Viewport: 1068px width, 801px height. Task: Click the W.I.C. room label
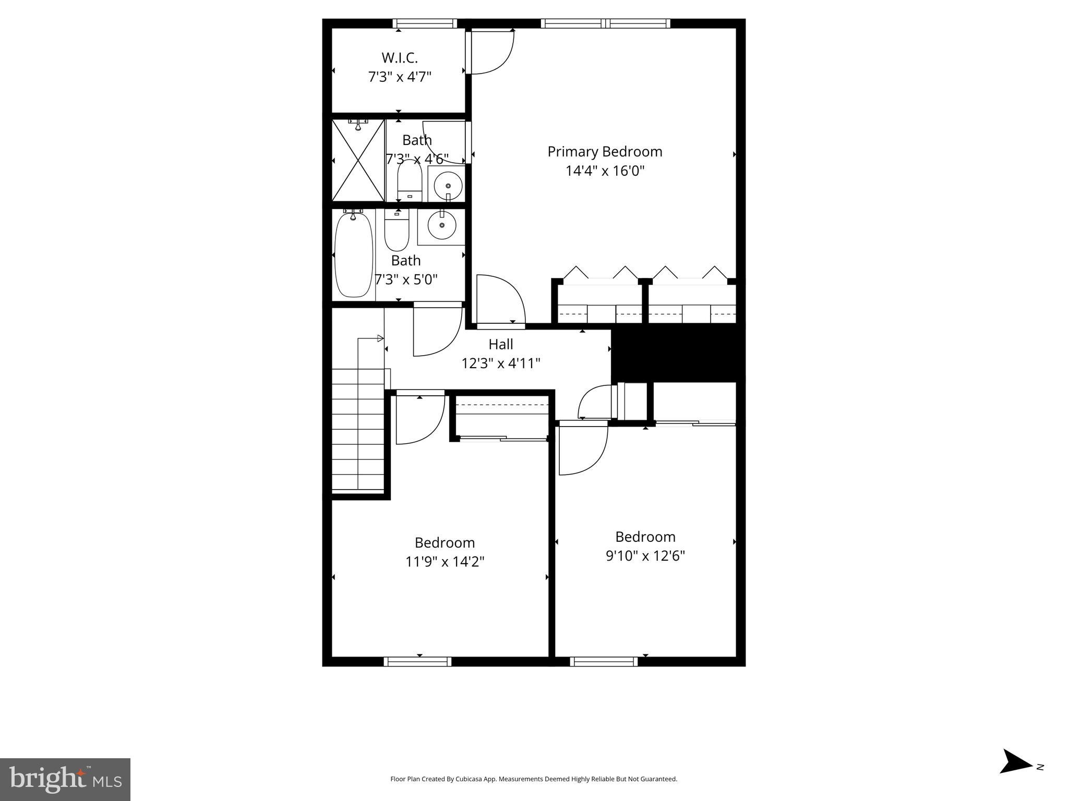[400, 57]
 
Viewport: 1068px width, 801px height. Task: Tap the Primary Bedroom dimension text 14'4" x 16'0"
[605, 171]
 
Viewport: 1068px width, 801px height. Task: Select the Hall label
[500, 344]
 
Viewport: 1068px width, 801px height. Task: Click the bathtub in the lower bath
[353, 254]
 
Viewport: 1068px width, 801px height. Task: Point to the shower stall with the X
[358, 161]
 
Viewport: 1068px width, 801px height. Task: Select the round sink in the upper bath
[447, 185]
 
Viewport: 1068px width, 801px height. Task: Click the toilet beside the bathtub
[397, 230]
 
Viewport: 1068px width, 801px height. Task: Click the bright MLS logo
[65, 779]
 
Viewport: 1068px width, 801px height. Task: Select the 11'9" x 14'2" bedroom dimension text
[445, 562]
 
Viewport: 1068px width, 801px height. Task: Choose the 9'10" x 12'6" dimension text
[645, 556]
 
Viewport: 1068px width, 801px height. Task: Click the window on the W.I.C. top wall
[425, 23]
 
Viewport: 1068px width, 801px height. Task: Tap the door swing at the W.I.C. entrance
[490, 52]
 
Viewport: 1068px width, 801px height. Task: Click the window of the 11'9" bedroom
[417, 661]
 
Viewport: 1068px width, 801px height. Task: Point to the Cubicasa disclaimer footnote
[533, 779]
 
